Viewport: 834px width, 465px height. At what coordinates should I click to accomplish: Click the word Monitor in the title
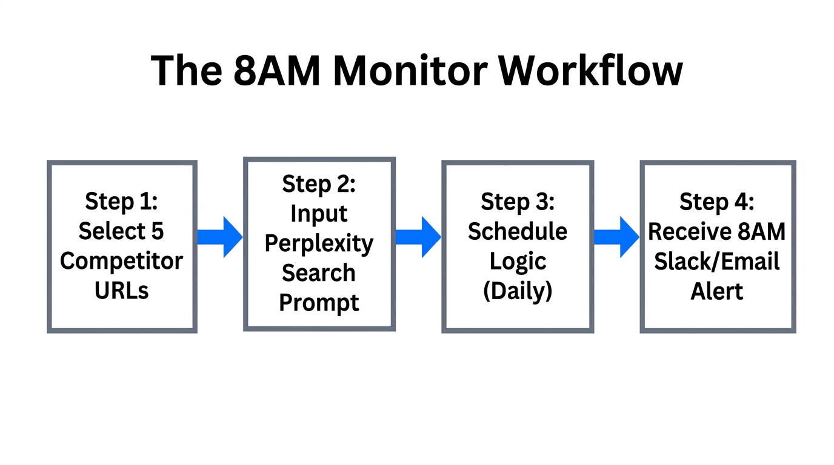coord(410,71)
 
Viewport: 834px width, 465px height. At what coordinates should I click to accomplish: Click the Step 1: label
coord(121,201)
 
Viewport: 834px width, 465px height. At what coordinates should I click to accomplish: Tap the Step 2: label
coord(319,184)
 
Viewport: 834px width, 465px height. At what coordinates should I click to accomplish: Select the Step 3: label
coord(518,202)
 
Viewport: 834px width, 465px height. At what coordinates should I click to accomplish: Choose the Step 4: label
coord(717,202)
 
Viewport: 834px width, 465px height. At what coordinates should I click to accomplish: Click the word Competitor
coord(121,261)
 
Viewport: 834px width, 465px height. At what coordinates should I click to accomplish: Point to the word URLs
coord(121,291)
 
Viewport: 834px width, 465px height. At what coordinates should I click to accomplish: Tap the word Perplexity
coord(319,243)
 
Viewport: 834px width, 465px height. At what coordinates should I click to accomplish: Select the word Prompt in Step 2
coord(319,303)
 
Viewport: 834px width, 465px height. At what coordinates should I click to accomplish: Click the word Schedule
coord(518,231)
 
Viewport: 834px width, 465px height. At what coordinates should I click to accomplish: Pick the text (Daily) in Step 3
coord(518,291)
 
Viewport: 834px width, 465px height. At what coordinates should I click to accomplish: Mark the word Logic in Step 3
coord(518,262)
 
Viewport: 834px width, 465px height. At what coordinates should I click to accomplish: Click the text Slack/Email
coord(717,262)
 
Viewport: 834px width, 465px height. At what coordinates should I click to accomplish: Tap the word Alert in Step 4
coord(717,291)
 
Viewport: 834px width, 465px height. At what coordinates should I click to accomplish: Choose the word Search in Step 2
coord(319,273)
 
